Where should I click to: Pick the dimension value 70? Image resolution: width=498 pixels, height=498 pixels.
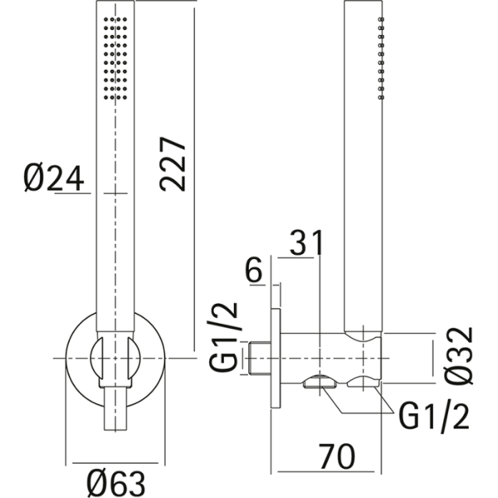[334, 456]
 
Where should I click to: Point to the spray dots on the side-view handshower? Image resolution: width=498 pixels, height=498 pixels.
[380, 58]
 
